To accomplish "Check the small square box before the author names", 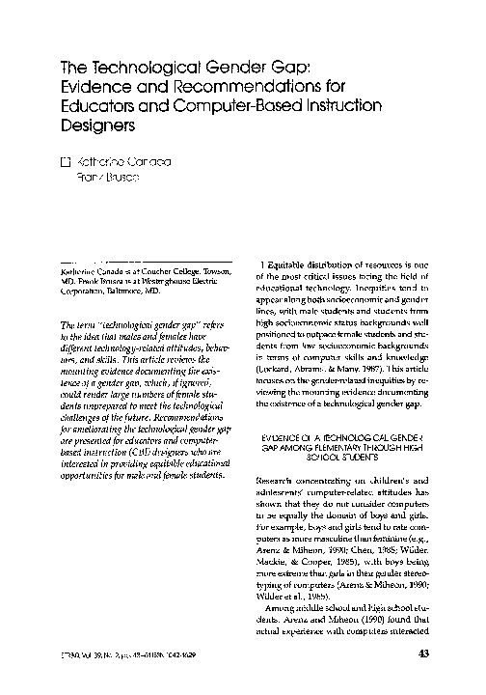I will click(66, 163).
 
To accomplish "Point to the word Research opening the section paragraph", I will click(279, 480).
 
